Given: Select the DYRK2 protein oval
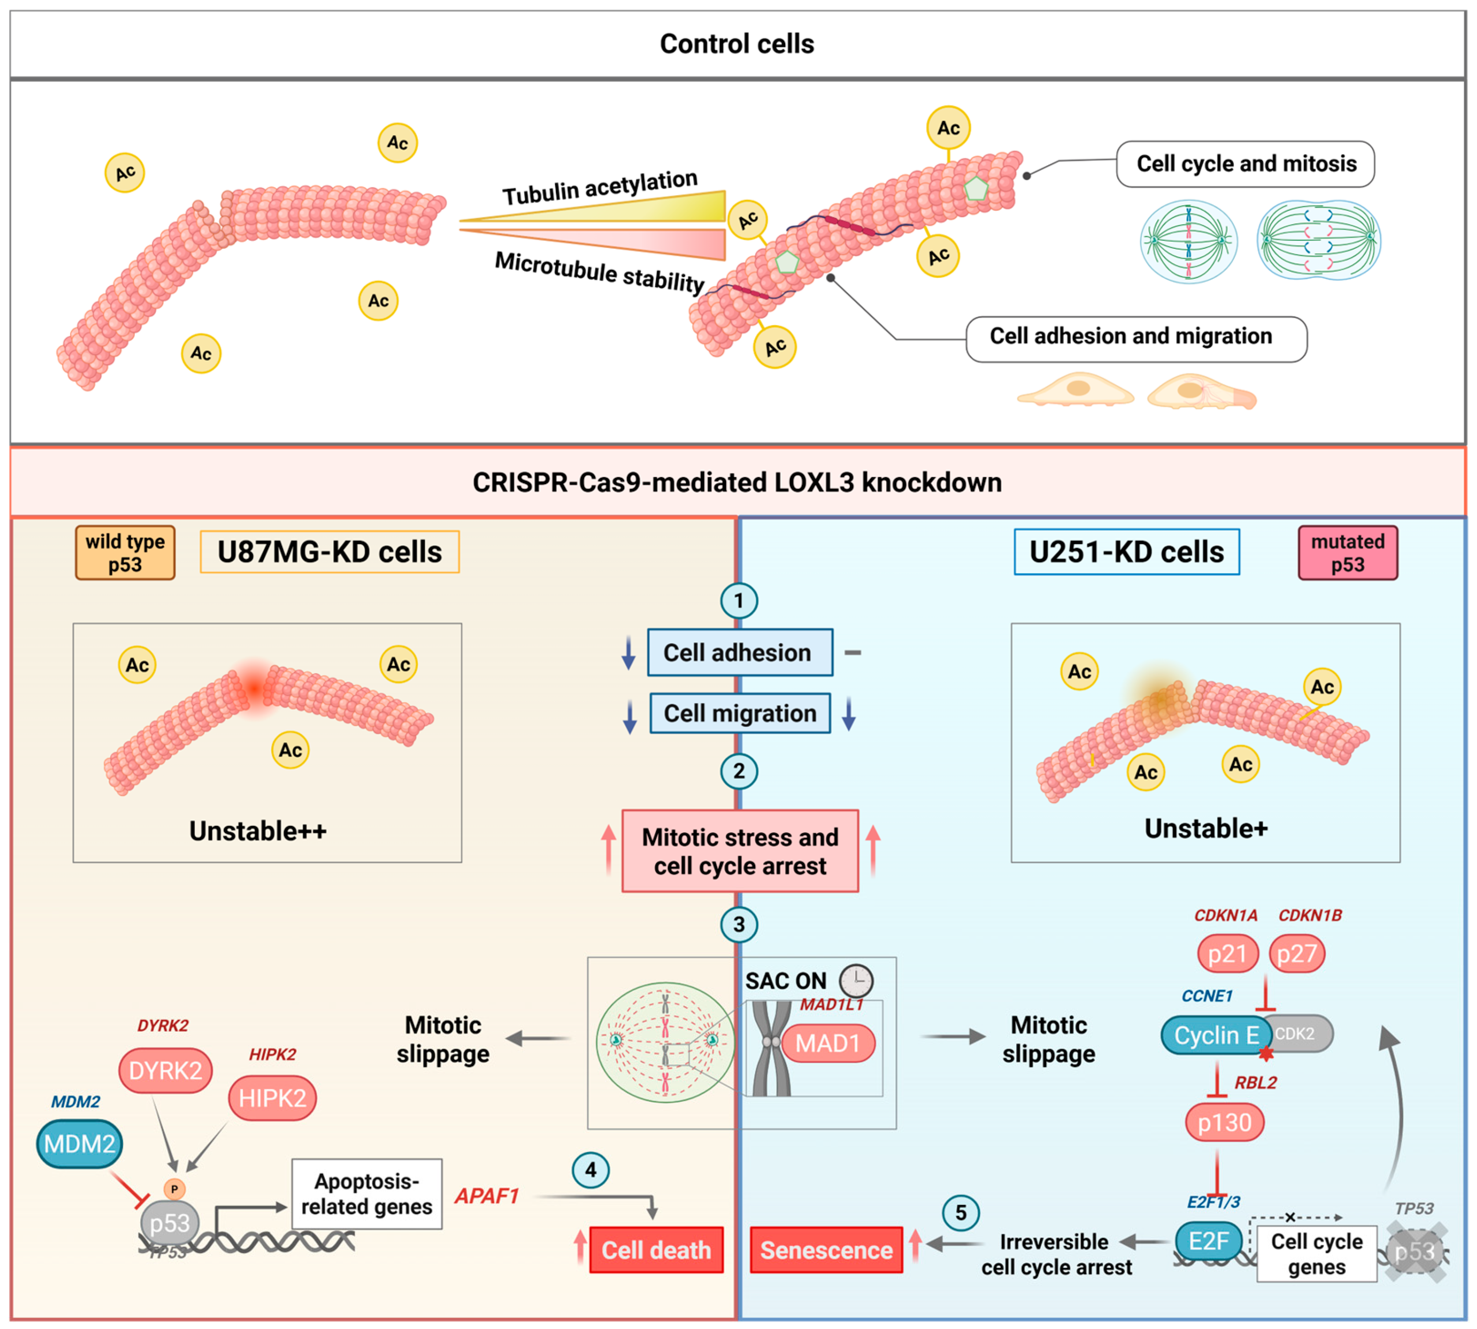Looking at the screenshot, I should click(x=165, y=1070).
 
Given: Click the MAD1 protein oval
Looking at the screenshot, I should click(x=828, y=1043).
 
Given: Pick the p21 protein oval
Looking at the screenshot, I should click(x=1227, y=953).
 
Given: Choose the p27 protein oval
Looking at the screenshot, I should click(x=1297, y=953).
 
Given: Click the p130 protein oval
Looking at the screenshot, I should click(x=1224, y=1122).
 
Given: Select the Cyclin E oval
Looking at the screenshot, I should click(x=1215, y=1035).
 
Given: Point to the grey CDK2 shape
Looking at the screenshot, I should click(x=1300, y=1033).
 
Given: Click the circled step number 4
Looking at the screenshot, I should click(x=590, y=1170).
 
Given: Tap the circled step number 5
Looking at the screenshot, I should click(x=961, y=1213).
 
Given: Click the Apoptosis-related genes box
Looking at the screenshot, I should click(x=366, y=1194).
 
